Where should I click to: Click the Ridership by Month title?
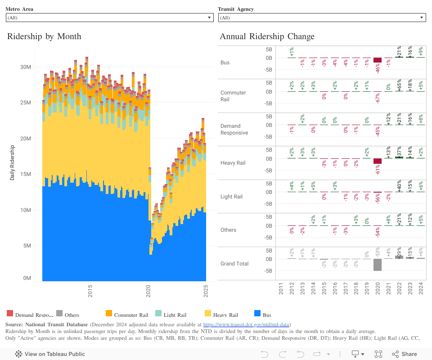[44, 36]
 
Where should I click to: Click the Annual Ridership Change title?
[267, 36]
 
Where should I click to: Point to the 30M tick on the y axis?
[25, 67]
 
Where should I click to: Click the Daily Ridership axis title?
[12, 163]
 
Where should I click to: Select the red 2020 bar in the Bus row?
[378, 60]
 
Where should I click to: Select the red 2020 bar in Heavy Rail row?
[378, 161]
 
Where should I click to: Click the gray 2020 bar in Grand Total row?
[378, 265]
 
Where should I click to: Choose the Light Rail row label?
[231, 197]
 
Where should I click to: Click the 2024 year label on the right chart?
[421, 288]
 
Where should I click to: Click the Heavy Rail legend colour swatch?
[208, 314]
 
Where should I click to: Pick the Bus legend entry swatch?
[257, 314]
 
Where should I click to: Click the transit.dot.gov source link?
[247, 324]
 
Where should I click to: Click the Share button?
[404, 354]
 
